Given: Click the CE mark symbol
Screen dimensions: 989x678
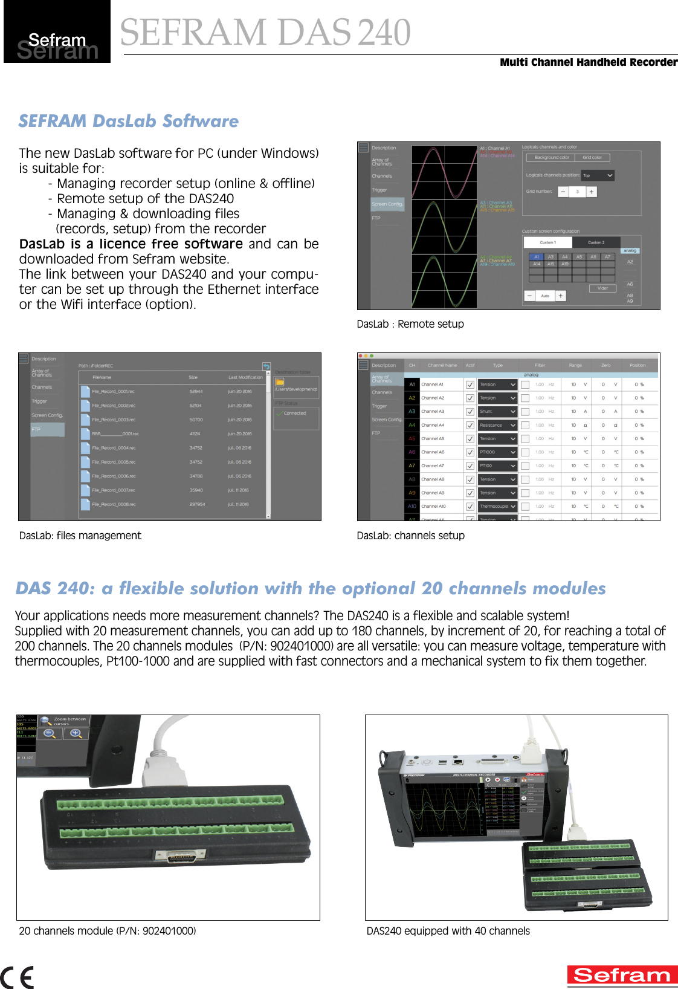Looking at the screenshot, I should point(17,977).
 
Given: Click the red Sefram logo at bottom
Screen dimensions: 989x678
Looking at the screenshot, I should point(622,975).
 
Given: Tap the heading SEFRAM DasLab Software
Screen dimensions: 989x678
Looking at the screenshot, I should point(128,121).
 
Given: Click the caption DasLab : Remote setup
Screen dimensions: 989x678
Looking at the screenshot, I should point(410,324).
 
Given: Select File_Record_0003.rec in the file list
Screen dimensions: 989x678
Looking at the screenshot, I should point(114,420).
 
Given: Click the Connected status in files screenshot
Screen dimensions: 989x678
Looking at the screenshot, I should point(295,413).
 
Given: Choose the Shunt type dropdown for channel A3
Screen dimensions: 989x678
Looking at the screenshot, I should point(497,412).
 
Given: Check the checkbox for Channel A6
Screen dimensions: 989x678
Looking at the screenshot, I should point(470,452).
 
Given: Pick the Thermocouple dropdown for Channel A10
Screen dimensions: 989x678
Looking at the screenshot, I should point(497,507).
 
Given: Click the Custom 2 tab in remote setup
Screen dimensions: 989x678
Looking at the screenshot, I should point(596,242).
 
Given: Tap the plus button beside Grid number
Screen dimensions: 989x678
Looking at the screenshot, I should point(591,192).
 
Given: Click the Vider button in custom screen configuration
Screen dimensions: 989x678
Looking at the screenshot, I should point(602,288).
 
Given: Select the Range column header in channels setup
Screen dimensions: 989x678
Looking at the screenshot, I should point(575,365).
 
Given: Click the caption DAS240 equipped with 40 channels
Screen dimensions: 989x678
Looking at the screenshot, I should point(448,931).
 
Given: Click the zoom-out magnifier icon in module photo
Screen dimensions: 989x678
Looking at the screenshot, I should point(50,733).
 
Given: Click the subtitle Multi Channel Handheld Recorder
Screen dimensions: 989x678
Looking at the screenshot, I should point(588,62).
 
